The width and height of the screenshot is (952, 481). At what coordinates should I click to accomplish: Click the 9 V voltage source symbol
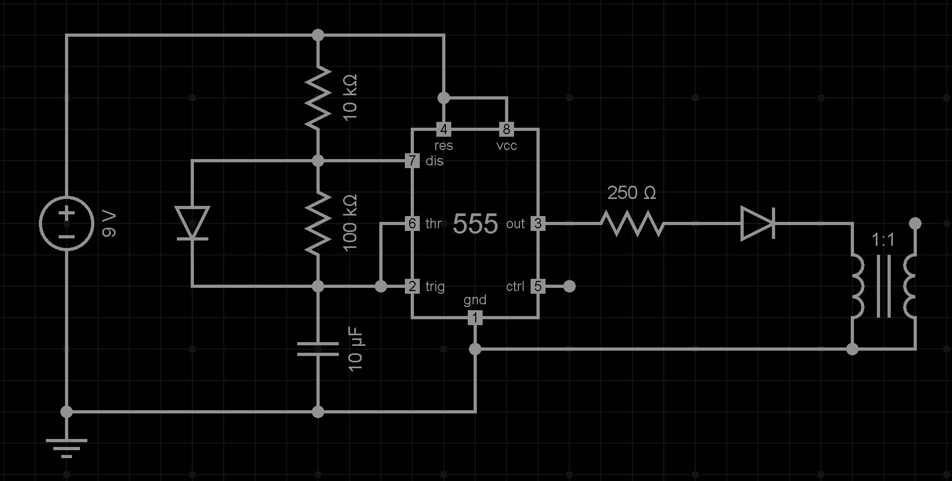click(67, 223)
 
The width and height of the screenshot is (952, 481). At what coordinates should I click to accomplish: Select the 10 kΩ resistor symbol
click(318, 98)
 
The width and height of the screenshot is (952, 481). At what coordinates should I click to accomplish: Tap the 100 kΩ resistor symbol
click(318, 223)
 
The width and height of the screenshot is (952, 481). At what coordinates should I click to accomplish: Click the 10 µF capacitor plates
click(318, 349)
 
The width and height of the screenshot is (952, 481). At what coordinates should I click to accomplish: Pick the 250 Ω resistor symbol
click(632, 223)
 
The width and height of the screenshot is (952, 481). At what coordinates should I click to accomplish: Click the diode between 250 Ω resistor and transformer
click(758, 223)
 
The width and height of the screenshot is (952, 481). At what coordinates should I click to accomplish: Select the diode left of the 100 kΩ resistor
click(192, 223)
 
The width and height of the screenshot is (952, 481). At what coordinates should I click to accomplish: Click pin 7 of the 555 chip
click(412, 161)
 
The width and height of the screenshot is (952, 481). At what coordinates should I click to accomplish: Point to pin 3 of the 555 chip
click(538, 223)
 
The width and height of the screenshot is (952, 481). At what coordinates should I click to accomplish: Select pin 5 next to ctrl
click(538, 286)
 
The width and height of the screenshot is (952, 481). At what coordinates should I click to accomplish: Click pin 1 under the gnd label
click(475, 318)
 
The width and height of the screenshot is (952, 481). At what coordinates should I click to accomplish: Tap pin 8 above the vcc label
click(507, 129)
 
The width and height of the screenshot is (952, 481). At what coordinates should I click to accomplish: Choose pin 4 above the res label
click(444, 129)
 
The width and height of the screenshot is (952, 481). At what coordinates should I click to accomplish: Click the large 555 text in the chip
click(475, 224)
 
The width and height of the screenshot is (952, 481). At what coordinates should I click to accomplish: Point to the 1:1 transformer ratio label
click(883, 240)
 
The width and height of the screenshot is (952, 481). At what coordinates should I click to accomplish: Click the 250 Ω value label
click(632, 193)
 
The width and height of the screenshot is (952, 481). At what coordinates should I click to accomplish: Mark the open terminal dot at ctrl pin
click(569, 286)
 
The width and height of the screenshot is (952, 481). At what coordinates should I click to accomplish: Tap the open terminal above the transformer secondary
click(915, 223)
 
